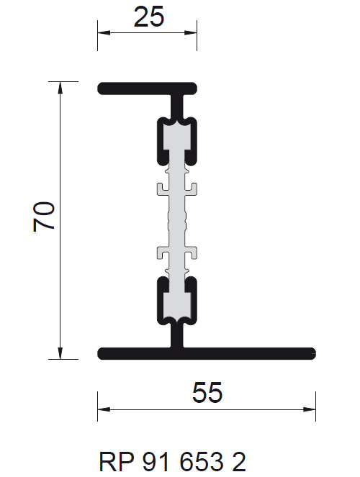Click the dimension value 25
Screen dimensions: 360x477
click(149, 17)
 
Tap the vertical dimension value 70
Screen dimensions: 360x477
click(44, 217)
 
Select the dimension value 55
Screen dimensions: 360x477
click(207, 392)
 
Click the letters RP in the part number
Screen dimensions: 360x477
click(116, 462)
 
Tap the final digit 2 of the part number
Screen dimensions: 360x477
click(239, 462)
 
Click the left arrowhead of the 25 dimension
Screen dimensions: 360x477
click(104, 32)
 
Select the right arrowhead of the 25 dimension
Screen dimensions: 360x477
click(191, 32)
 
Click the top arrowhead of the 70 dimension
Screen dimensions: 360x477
click(60, 88)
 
